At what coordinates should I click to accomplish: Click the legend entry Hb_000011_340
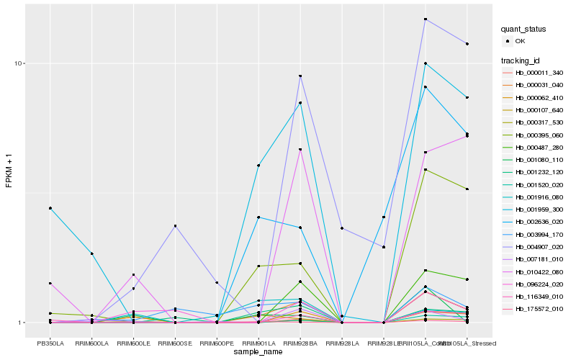(x=539, y=73)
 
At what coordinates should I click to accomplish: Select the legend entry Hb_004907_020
(x=539, y=248)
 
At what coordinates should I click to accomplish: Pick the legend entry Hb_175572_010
(x=539, y=309)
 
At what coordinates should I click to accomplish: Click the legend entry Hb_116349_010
(x=539, y=295)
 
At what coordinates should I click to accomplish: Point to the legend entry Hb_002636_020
(x=539, y=222)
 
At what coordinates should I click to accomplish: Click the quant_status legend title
(x=523, y=30)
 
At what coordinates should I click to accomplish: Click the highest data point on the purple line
(x=426, y=19)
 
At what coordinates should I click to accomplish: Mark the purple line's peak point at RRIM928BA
(x=300, y=76)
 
